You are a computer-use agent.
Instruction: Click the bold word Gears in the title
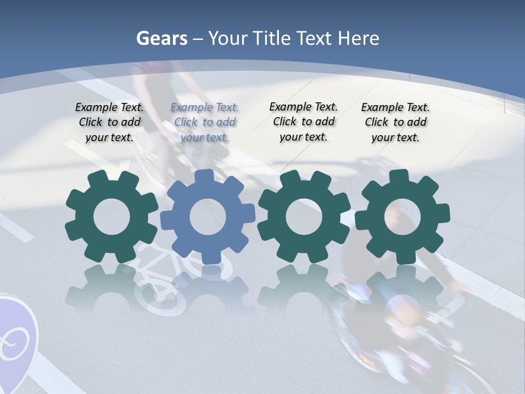pos(161,38)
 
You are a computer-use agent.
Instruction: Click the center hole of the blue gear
pos(208,217)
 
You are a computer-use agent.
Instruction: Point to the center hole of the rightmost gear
pos(402,217)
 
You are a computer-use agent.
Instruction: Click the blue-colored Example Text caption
pos(205,123)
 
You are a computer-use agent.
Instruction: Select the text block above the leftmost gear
pos(109,123)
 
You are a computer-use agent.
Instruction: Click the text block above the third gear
pos(304,122)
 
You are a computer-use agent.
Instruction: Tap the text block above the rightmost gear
pos(395,123)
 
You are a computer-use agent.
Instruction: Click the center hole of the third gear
pos(304,217)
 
